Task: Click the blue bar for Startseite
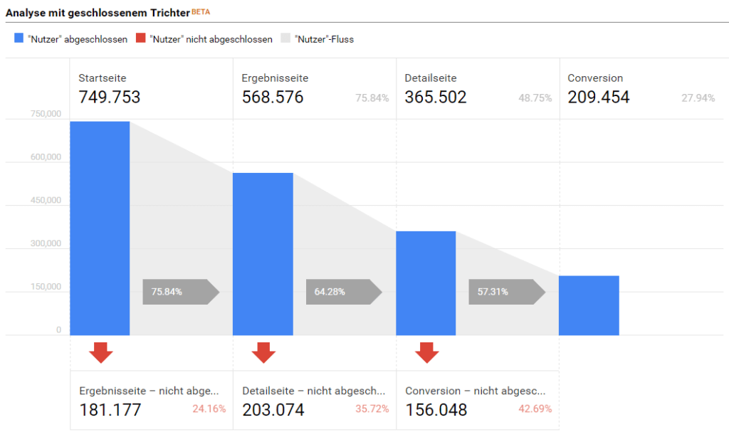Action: coord(100,228)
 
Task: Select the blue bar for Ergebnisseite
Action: coord(263,254)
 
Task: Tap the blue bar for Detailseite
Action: coord(426,283)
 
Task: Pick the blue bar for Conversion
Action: coord(589,305)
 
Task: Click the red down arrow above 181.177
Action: coord(101,352)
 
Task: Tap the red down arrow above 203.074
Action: coord(264,352)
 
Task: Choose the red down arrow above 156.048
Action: coord(427,352)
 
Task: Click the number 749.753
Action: coord(110,98)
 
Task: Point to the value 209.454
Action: coord(599,98)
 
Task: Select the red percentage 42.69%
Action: coord(534,409)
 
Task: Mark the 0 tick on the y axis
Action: coord(58,330)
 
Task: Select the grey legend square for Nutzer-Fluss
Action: coord(287,39)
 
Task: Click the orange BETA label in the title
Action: coord(201,12)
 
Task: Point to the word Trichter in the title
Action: coord(169,14)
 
